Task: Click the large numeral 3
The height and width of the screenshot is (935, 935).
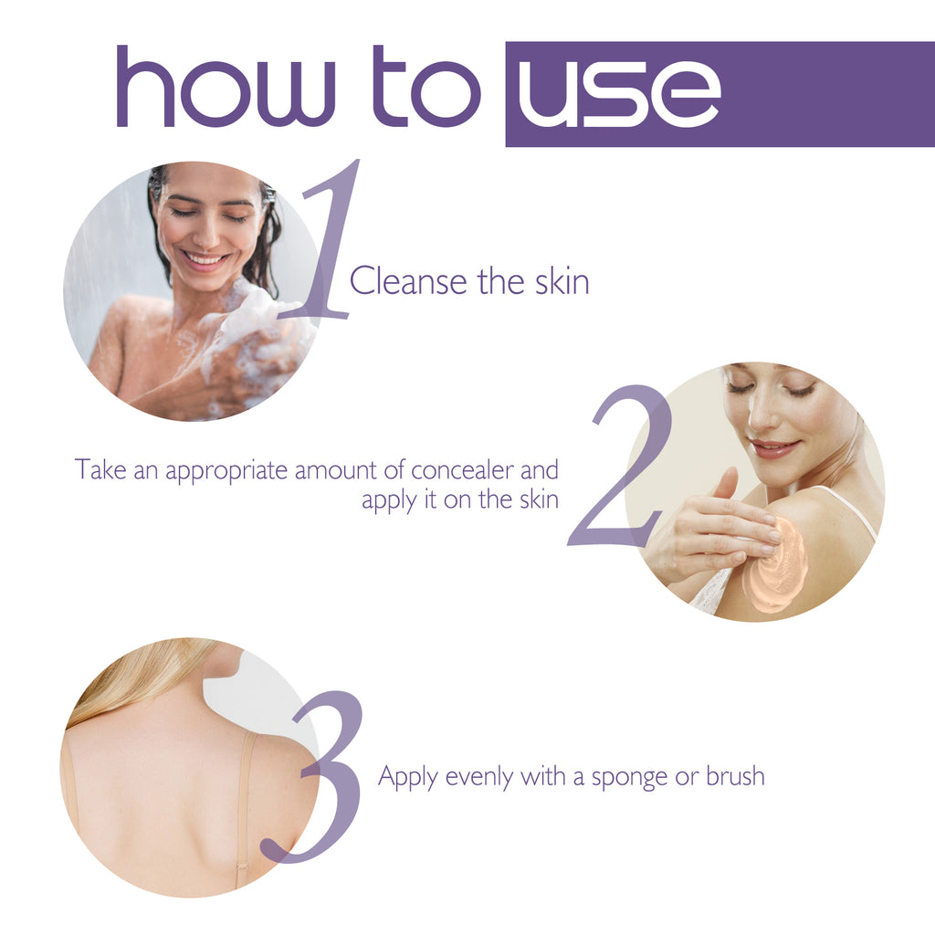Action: (320, 776)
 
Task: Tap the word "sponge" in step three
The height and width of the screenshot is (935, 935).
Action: (634, 778)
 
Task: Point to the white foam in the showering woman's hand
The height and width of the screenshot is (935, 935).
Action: (251, 333)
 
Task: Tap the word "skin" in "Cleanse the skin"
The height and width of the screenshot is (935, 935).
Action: (562, 281)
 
